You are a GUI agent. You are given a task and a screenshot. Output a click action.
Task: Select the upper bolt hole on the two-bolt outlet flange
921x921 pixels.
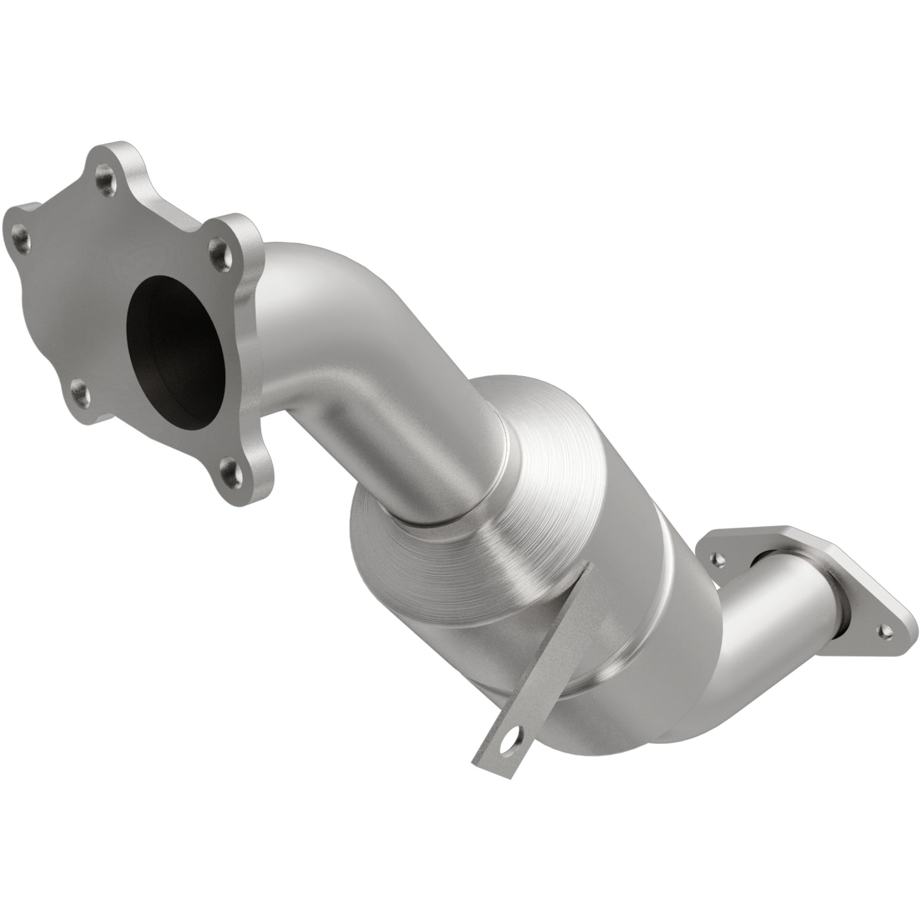click(x=718, y=559)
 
